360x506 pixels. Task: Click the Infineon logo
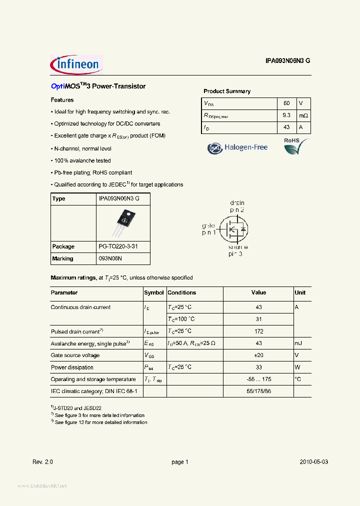pos(76,64)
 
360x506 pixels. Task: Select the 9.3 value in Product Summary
pos(286,115)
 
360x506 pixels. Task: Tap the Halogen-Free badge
pos(238,147)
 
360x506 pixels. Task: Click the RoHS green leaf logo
pos(295,146)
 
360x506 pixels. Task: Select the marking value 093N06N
pos(110,258)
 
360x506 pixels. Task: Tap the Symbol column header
pos(154,292)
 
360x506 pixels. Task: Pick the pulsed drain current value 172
pos(258,331)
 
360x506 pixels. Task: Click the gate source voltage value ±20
pos(258,355)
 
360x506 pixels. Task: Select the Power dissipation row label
pos(72,367)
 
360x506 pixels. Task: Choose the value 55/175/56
pos(258,391)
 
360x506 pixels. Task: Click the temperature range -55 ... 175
pos(258,379)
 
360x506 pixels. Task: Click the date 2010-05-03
pos(314,462)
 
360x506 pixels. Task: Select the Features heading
pos(62,100)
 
